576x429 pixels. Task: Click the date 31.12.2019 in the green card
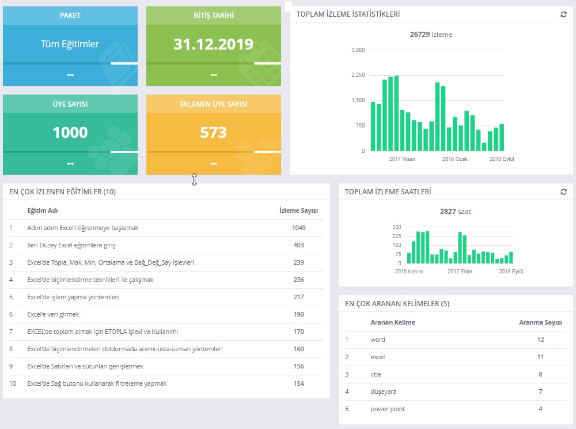(x=214, y=44)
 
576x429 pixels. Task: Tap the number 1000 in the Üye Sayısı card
(x=70, y=133)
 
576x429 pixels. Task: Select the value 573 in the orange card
(x=214, y=133)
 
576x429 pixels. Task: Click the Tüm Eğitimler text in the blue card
(x=70, y=44)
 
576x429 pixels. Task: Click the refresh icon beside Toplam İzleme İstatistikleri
(x=563, y=14)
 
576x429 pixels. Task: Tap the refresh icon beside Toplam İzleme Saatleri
(x=563, y=192)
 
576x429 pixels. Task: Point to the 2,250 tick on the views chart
(x=358, y=75)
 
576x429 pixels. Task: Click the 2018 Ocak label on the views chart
(x=455, y=159)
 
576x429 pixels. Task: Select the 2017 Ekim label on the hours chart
(x=460, y=271)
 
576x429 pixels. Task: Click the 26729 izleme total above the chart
(x=431, y=35)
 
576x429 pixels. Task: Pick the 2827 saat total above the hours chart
(x=456, y=212)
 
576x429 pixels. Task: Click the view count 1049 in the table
(x=298, y=228)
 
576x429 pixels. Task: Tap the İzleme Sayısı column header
(x=298, y=210)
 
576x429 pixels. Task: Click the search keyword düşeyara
(x=384, y=392)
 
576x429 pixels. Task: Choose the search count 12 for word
(x=540, y=340)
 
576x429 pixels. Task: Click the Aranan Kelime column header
(x=393, y=322)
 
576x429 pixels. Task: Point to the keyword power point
(x=388, y=409)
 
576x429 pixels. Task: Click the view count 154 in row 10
(x=298, y=383)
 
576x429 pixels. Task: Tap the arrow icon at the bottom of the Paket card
(x=70, y=75)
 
